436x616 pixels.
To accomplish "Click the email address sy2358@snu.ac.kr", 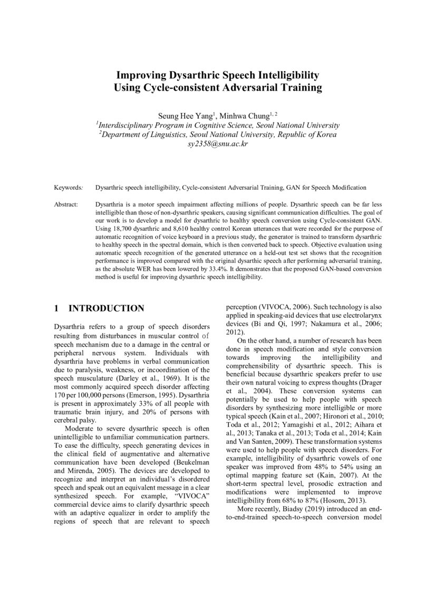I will (218, 144).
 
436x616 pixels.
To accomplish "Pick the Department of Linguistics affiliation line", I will (217, 134).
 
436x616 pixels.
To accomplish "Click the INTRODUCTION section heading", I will (106, 308).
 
